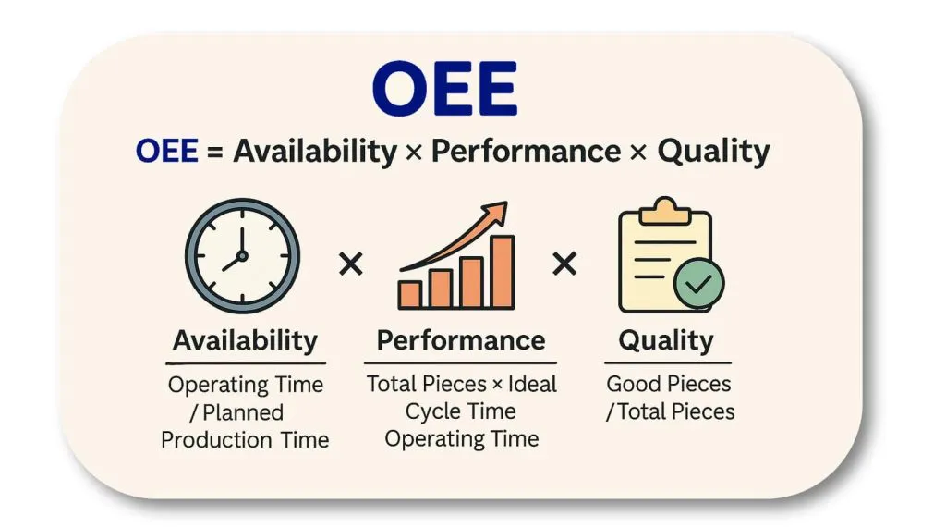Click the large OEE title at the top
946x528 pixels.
[x=444, y=88]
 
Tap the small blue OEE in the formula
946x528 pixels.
[x=167, y=151]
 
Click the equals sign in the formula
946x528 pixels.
[x=214, y=152]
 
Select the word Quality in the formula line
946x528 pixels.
[x=713, y=152]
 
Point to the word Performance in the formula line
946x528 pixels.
[x=526, y=151]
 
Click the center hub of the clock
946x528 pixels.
[x=242, y=255]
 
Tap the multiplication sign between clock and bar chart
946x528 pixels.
[x=350, y=264]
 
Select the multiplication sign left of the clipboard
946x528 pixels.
[x=564, y=264]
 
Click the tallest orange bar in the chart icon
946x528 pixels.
[x=502, y=272]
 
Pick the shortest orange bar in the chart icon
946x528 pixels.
[x=409, y=295]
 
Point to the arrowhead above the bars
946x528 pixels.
[x=496, y=213]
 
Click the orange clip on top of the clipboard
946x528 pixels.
[x=665, y=211]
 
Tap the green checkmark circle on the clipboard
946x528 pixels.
[x=698, y=283]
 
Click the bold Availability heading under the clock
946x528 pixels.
[x=245, y=340]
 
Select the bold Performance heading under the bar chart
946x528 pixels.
[x=461, y=340]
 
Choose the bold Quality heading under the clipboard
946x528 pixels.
[x=666, y=341]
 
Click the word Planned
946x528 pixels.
[x=243, y=412]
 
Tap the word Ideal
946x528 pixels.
[x=532, y=384]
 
